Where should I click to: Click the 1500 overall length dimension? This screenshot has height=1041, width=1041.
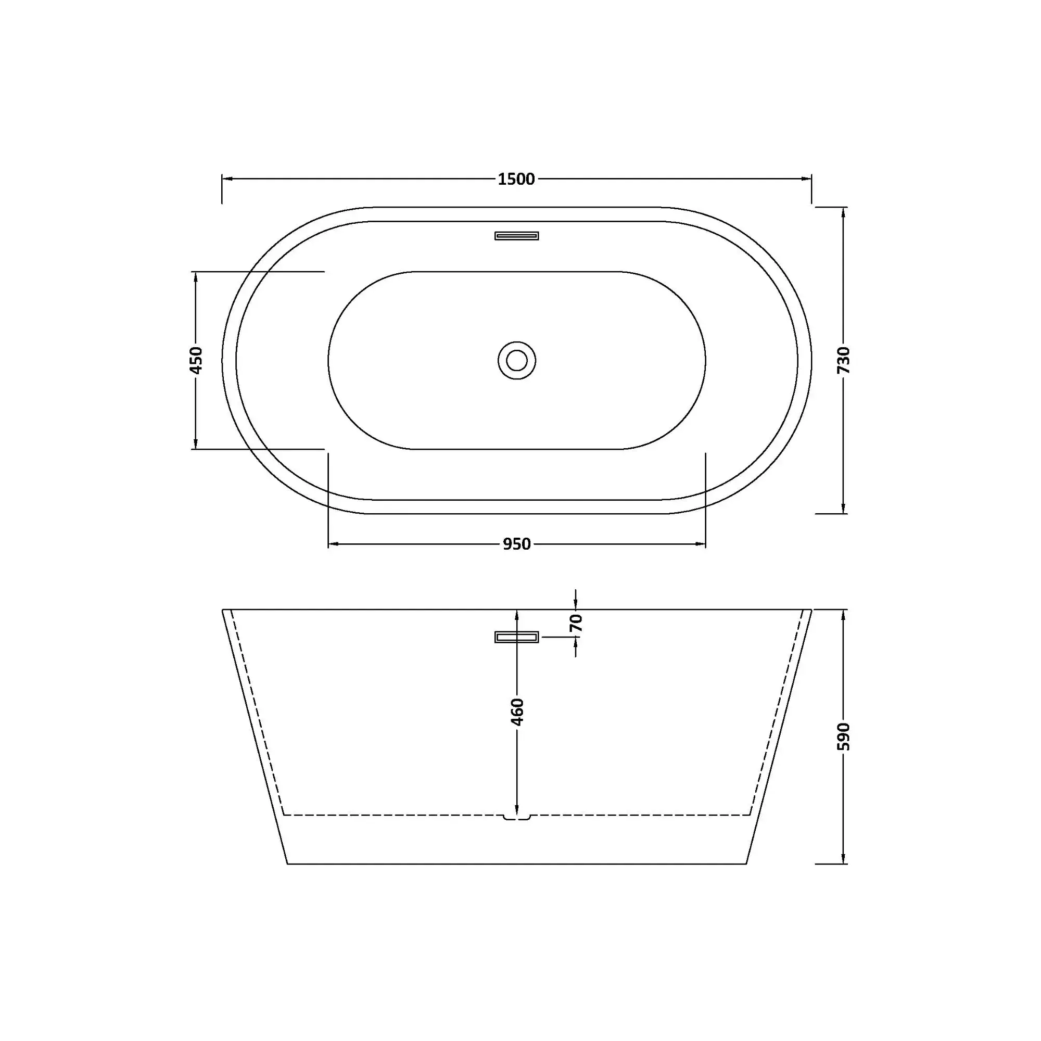(x=516, y=179)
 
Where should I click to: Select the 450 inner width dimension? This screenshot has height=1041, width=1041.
(x=196, y=360)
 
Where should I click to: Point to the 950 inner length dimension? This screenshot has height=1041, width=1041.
(x=517, y=544)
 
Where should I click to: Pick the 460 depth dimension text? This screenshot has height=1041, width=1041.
(x=517, y=712)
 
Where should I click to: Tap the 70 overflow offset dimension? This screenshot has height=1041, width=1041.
(x=576, y=623)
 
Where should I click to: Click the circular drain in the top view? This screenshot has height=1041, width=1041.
(x=517, y=361)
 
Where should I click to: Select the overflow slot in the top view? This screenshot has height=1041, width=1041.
(x=517, y=235)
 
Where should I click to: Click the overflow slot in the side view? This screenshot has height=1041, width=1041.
(x=517, y=638)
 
